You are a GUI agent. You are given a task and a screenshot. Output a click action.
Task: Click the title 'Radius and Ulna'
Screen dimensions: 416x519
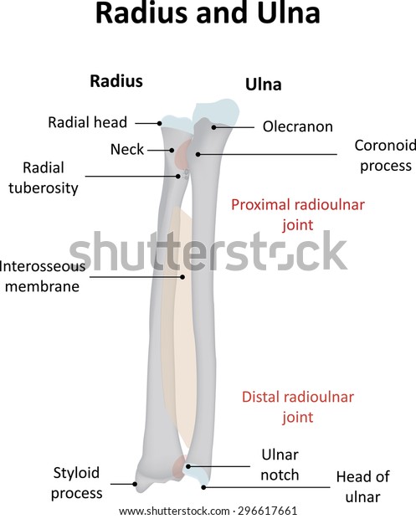[x=208, y=13]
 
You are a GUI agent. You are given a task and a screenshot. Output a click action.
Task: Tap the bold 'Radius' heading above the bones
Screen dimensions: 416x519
[x=116, y=81]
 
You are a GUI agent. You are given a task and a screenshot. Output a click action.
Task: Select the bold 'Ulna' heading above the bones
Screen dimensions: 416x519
[x=264, y=85]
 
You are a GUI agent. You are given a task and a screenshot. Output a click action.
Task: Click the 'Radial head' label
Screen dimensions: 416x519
[x=87, y=122]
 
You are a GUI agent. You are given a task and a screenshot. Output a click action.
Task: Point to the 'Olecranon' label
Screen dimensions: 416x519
[x=298, y=126]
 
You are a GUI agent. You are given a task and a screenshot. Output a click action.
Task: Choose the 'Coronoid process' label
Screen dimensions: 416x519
[x=385, y=156]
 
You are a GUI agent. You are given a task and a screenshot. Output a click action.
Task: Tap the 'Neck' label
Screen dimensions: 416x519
[x=127, y=150]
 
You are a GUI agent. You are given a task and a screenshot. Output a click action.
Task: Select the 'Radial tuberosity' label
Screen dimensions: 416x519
[x=44, y=178]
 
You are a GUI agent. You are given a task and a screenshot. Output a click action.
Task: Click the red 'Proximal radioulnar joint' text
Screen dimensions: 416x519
[x=298, y=215]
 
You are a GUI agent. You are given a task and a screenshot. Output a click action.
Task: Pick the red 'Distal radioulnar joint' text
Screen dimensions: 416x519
[x=298, y=407]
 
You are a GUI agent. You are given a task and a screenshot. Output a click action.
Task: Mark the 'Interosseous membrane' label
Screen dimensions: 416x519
[x=43, y=276]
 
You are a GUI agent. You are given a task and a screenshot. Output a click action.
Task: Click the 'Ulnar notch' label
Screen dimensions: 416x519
[x=280, y=465]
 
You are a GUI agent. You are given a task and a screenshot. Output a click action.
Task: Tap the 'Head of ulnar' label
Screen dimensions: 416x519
[x=363, y=487]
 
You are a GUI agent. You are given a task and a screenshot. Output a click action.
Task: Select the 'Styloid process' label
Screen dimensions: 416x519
[x=76, y=483]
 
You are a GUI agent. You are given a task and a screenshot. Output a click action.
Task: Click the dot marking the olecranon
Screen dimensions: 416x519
[x=213, y=127]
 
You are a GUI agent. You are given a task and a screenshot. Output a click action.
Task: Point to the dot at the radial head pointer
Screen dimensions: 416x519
[x=160, y=123]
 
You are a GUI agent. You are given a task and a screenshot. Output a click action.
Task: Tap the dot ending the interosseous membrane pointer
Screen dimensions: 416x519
[x=182, y=277]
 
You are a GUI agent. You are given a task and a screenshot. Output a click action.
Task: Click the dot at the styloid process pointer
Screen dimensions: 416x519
[x=135, y=484]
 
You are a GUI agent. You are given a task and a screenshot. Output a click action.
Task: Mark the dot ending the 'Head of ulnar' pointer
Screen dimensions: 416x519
[x=204, y=487]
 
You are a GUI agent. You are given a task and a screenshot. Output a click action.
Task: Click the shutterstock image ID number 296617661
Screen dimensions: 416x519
[x=267, y=511]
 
